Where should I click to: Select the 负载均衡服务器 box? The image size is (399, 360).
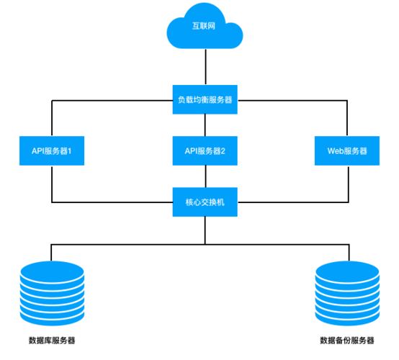(x=205, y=100)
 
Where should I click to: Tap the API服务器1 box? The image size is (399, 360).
(x=52, y=151)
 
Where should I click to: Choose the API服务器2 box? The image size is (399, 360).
(x=205, y=151)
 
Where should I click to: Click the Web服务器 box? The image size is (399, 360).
(x=348, y=151)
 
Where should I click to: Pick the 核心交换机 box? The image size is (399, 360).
(x=205, y=202)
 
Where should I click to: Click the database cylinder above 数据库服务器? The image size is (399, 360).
(x=53, y=293)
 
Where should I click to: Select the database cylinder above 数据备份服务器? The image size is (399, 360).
(x=346, y=293)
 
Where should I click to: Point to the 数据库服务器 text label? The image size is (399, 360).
(x=52, y=341)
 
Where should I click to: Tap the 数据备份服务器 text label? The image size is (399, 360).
(x=346, y=341)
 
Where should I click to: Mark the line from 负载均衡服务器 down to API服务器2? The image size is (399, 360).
(x=205, y=125)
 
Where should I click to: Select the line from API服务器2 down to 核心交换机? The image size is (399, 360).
(x=205, y=176)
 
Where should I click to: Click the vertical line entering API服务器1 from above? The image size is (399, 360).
(x=52, y=118)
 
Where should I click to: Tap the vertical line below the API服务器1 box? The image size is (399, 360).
(x=52, y=184)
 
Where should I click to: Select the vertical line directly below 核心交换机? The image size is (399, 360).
(x=205, y=228)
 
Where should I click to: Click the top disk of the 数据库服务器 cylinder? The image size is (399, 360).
(x=53, y=271)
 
